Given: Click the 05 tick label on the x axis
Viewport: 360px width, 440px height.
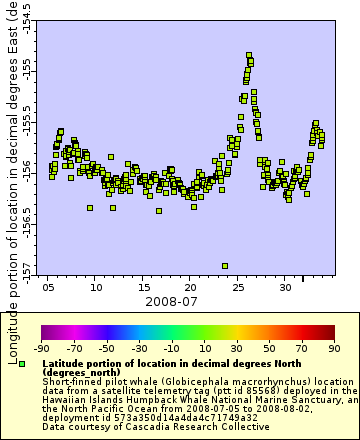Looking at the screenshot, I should click(x=49, y=286).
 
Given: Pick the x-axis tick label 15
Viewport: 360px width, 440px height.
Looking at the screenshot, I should click(x=144, y=286).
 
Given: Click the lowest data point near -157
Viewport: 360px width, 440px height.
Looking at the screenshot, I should click(x=225, y=265).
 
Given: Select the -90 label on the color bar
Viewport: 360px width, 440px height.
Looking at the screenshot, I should click(x=41, y=349).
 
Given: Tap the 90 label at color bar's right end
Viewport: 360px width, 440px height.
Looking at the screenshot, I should click(x=333, y=349).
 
